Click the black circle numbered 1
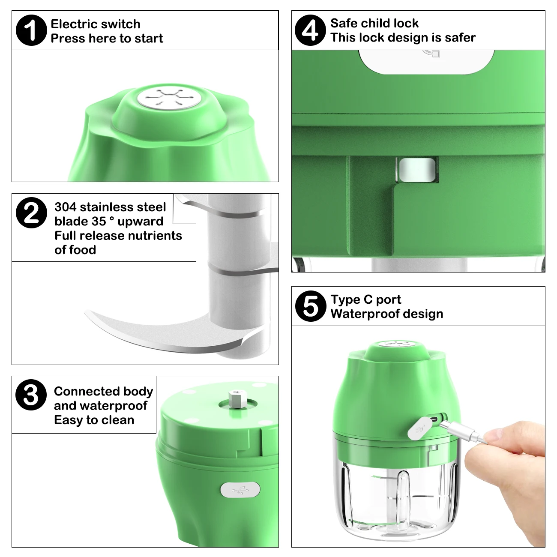[31, 30]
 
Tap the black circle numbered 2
[31, 213]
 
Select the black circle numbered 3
[31, 395]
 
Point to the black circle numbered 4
[310, 30]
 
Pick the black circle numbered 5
[311, 306]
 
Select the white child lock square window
[417, 170]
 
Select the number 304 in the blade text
[65, 207]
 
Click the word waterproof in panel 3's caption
[113, 406]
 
